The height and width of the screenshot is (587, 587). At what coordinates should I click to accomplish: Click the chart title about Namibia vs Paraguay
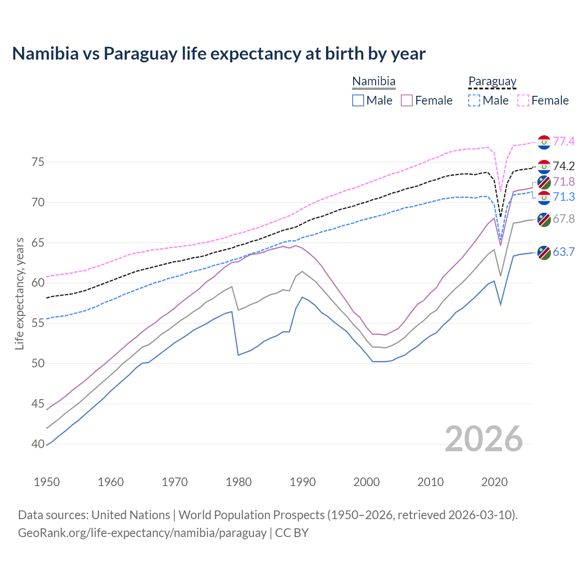point(219,54)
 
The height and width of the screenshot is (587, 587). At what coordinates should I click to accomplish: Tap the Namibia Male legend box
point(358,100)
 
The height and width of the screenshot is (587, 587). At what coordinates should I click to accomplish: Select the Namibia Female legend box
point(407,100)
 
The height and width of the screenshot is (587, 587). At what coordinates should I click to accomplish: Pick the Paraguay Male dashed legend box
point(474,100)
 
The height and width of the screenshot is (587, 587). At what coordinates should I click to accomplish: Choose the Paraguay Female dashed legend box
point(523,100)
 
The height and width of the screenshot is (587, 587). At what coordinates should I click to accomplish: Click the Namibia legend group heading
point(374,82)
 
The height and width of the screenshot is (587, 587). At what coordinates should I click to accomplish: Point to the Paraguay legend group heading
point(492,82)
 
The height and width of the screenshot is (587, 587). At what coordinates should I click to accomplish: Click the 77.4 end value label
point(564,141)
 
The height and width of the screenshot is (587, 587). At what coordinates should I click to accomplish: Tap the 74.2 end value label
point(564,166)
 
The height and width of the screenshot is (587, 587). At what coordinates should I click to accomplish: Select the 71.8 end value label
point(564,182)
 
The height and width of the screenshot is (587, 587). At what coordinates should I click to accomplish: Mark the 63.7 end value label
point(564,252)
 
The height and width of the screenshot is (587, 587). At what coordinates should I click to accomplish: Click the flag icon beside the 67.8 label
point(544,219)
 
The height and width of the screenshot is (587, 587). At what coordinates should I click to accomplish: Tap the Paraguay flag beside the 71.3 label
point(544,198)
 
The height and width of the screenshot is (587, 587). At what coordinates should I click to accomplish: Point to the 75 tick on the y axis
point(38,162)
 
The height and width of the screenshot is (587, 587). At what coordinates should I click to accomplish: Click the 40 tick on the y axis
point(38,444)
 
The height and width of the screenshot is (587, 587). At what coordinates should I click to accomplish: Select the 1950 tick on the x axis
point(47,482)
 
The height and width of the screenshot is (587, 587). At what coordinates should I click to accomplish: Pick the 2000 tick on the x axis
point(366,482)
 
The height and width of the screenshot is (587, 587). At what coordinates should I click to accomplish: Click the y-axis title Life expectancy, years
point(19,293)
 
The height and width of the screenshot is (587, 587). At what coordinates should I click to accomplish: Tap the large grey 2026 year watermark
point(484,439)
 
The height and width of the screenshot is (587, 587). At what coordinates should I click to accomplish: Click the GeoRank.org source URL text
point(142,533)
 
